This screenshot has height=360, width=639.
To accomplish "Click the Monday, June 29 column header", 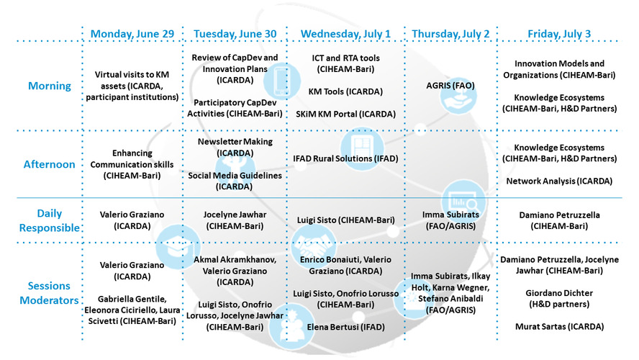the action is tap(132, 34).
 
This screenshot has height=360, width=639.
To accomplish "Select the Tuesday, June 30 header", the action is tap(235, 34).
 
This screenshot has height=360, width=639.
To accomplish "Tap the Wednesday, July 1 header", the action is tap(345, 34).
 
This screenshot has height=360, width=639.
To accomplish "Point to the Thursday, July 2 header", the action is tap(450, 34).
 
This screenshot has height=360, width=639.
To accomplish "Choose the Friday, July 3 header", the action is tap(559, 34).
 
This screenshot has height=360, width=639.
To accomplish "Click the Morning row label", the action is tap(50, 86).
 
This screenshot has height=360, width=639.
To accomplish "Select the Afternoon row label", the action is tap(50, 164).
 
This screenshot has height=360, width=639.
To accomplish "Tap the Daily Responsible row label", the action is tap(50, 220).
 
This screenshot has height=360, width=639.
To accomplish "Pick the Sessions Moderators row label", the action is tap(50, 293).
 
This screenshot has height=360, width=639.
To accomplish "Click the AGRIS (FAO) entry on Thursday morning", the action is tap(450, 86).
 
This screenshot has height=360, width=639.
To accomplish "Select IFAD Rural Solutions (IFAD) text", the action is tap(345, 158).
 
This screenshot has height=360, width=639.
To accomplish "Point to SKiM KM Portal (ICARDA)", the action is tap(345, 114).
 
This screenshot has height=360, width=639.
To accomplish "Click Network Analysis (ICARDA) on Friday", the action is tap(559, 181).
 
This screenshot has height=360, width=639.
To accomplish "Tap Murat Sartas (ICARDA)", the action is tap(559, 327).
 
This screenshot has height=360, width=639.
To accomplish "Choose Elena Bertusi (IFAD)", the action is tap(345, 327).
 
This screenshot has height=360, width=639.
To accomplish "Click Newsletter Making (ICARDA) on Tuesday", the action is tap(235, 147).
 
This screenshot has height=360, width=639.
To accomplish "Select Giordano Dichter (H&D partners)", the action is tap(559, 298).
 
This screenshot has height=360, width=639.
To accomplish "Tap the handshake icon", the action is tap(314, 246).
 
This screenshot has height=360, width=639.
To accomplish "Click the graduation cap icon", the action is tap(178, 247).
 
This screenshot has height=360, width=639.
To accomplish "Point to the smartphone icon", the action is tap(281, 81).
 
